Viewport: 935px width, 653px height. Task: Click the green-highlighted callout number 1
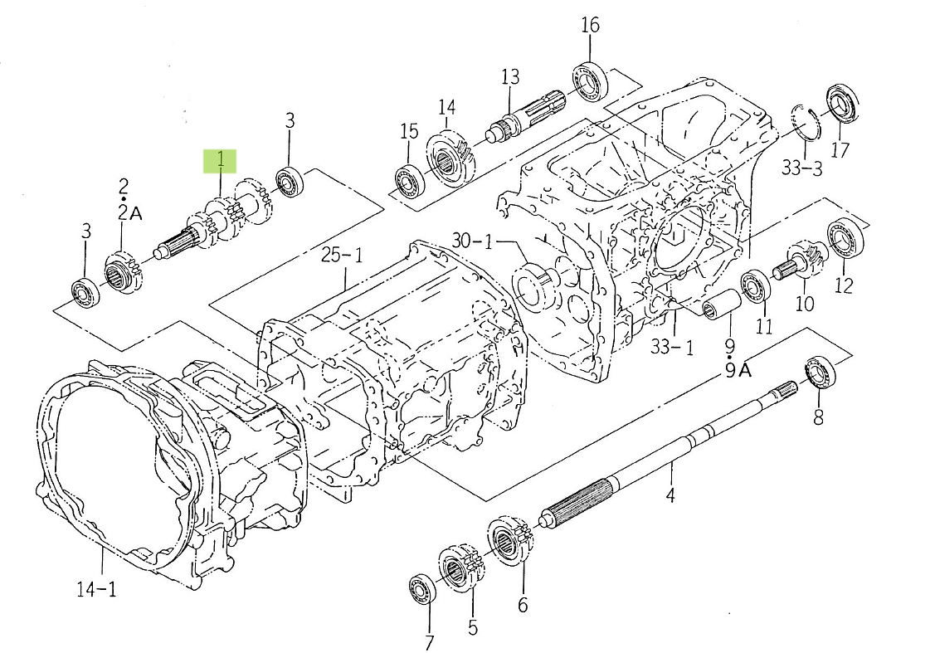[x=221, y=159]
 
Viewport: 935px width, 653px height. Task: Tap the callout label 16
[x=590, y=25]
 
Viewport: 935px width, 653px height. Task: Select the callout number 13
[x=509, y=77]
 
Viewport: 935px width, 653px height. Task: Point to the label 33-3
[x=801, y=169]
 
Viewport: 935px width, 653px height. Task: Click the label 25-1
[x=342, y=256]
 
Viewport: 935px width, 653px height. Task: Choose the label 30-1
[x=473, y=241]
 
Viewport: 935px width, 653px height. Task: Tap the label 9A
[x=738, y=371]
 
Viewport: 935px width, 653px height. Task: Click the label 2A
[x=130, y=213]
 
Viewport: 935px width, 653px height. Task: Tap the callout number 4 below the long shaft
[x=670, y=496]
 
